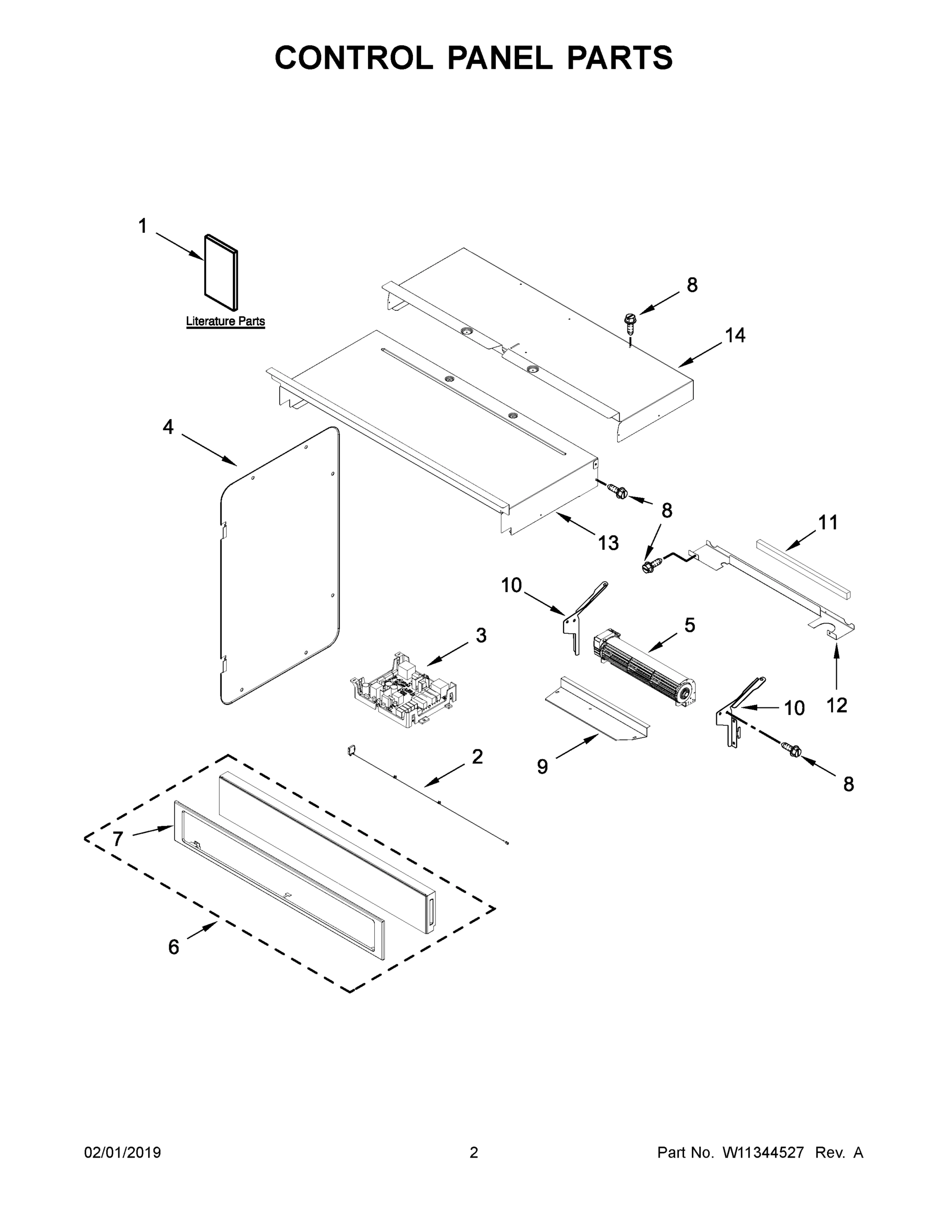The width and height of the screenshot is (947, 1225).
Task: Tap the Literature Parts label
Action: pos(225,322)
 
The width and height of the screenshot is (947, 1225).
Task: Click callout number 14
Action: pos(735,335)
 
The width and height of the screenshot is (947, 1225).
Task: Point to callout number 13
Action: pos(608,543)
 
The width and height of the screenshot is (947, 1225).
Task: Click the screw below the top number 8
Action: pos(630,323)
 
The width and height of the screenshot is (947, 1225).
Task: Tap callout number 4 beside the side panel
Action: pos(168,427)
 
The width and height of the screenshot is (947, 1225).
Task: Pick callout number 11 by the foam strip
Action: pos(828,522)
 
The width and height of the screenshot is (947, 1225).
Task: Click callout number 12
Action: pos(837,705)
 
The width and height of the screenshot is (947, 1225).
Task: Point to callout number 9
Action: pos(542,766)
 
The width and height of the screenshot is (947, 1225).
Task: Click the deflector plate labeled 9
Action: pos(597,710)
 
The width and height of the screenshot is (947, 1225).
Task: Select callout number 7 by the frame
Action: pos(117,839)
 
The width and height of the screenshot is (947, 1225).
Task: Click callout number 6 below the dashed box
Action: pos(174,947)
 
